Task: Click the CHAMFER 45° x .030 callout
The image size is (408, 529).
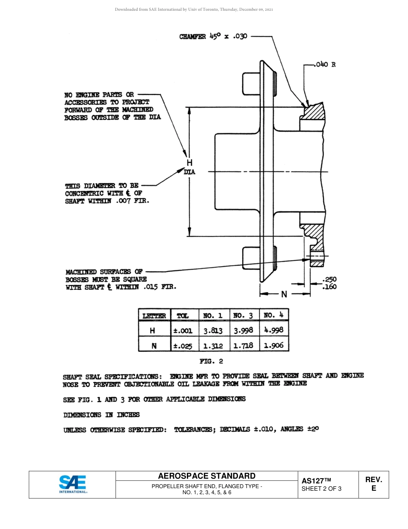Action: (213, 37)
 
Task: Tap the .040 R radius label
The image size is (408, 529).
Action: (325, 65)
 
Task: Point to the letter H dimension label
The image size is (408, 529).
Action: (189, 163)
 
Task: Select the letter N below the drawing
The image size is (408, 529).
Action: (284, 294)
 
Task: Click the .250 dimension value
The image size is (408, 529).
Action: (329, 280)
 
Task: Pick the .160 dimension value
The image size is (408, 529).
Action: (329, 286)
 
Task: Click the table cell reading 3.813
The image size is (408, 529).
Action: (213, 331)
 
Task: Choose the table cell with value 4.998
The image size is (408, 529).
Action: (273, 330)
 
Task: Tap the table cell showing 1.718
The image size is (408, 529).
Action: (243, 345)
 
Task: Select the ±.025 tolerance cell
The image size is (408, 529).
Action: (183, 345)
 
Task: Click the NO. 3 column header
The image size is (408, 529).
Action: (243, 316)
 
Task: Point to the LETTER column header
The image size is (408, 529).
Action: (154, 316)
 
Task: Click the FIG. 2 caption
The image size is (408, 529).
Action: (211, 361)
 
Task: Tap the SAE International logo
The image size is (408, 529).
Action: (73, 484)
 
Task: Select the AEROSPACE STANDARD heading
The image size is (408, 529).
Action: (207, 476)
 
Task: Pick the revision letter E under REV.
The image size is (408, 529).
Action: (374, 489)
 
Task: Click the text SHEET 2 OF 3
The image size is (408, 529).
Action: (322, 489)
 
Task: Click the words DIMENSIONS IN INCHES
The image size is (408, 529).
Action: (101, 415)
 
